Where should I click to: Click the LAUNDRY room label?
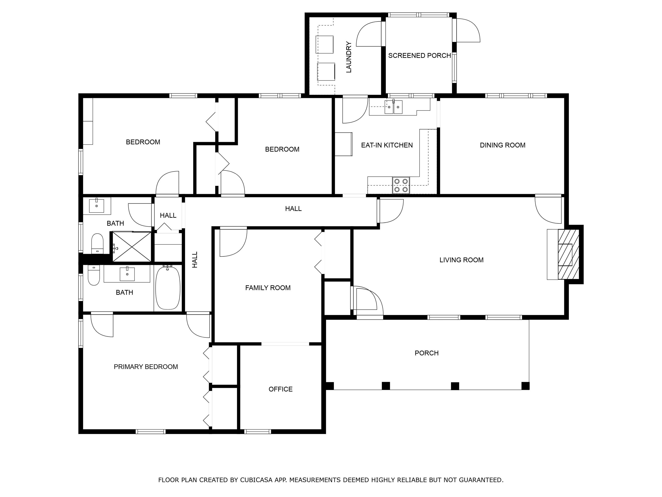(349, 57)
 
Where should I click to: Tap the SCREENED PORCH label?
(420, 55)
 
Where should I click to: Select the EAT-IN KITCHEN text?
(387, 145)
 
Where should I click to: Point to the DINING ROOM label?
(503, 145)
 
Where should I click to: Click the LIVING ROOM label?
(462, 260)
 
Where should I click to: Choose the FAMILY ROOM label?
(268, 288)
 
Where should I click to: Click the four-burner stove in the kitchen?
(401, 185)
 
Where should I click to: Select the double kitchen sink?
(393, 107)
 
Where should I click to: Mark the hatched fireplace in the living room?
(568, 254)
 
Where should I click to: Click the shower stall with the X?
(132, 247)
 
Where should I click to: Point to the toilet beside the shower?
(97, 244)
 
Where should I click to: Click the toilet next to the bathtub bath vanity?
(94, 276)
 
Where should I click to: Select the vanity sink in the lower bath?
(127, 274)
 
